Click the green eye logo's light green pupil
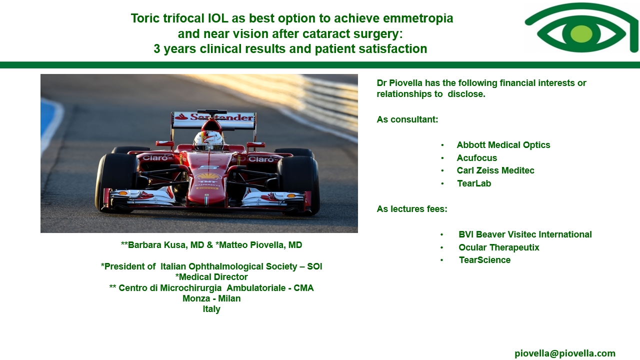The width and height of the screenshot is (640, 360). [x=581, y=34]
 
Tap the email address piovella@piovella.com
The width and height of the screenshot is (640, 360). [x=565, y=353]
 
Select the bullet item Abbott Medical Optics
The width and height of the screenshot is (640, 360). [x=503, y=145]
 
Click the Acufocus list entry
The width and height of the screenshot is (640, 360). [x=477, y=157]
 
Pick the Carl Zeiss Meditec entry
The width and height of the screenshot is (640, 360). [x=495, y=170]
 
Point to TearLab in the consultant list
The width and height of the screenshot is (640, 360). [x=474, y=183]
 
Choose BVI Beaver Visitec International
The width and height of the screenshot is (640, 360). [x=525, y=234]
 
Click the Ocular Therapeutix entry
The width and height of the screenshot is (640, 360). [x=499, y=247]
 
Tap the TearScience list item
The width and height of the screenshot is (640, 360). [x=484, y=259]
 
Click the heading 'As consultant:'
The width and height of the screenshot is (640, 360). [x=407, y=119]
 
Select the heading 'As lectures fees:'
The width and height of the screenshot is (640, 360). [x=411, y=209]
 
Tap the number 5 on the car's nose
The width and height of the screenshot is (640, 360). [x=208, y=167]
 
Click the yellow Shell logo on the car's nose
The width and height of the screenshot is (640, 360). [x=208, y=175]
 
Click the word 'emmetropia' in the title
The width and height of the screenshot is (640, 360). [x=418, y=18]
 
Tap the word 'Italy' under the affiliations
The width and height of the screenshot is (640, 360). [x=211, y=309]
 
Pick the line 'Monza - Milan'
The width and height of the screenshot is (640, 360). [x=211, y=298]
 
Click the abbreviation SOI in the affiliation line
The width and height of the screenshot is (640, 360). [x=314, y=266]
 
